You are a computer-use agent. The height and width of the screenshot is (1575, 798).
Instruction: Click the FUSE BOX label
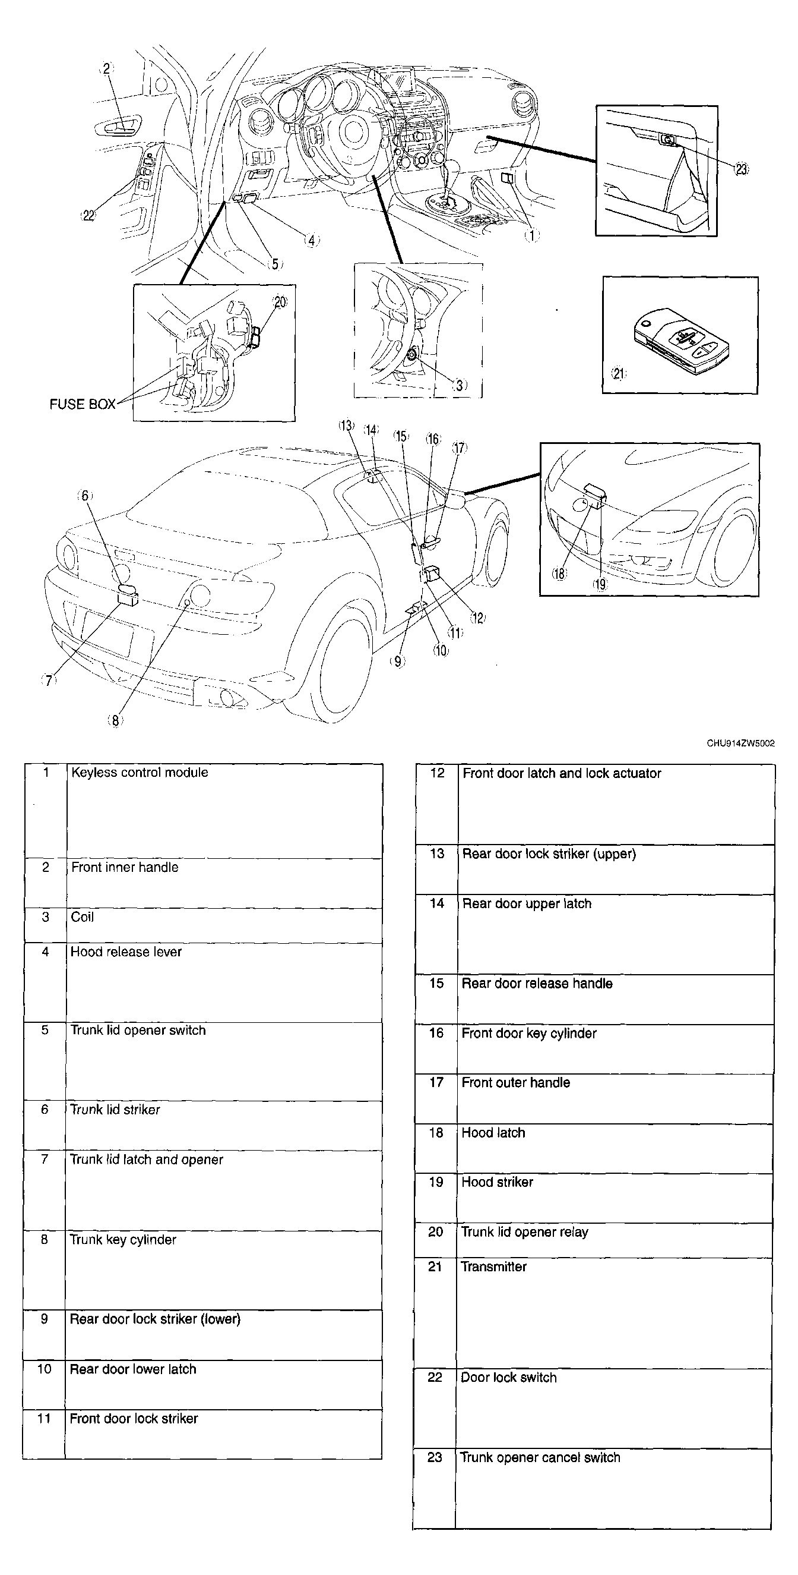pos(83,404)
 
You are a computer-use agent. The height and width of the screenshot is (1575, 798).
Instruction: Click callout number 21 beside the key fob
pos(619,373)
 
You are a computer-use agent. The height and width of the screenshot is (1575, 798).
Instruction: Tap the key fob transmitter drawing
pos(682,341)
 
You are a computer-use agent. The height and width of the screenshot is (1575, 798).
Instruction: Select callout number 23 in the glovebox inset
pos(741,169)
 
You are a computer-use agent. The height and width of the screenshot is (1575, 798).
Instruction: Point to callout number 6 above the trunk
pos(85,495)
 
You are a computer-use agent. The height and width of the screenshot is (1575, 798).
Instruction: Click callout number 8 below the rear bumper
pos(115,720)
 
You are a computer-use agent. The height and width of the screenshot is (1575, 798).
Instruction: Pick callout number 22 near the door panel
pos(89,215)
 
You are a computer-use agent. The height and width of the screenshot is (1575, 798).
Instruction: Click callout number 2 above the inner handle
pos(107,68)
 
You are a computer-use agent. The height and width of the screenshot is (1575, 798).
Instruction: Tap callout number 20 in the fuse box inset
pos(280,301)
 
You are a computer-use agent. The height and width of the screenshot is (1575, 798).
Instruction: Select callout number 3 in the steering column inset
pos(460,385)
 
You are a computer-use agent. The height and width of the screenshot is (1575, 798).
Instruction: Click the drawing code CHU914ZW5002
pos(740,744)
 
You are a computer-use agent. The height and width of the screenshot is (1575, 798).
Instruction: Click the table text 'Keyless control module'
pos(140,772)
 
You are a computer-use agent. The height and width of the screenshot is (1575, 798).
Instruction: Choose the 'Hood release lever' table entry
pos(126,952)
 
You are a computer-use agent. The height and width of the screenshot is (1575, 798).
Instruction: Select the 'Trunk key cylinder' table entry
pos(123,1239)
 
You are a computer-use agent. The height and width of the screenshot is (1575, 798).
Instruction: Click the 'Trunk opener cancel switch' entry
pos(540,1457)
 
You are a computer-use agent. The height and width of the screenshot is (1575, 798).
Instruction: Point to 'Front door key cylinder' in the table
pos(529,1034)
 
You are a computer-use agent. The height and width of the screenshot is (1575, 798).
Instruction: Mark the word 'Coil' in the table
pos(83,916)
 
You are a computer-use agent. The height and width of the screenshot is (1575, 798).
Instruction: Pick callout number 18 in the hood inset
pos(559,573)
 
